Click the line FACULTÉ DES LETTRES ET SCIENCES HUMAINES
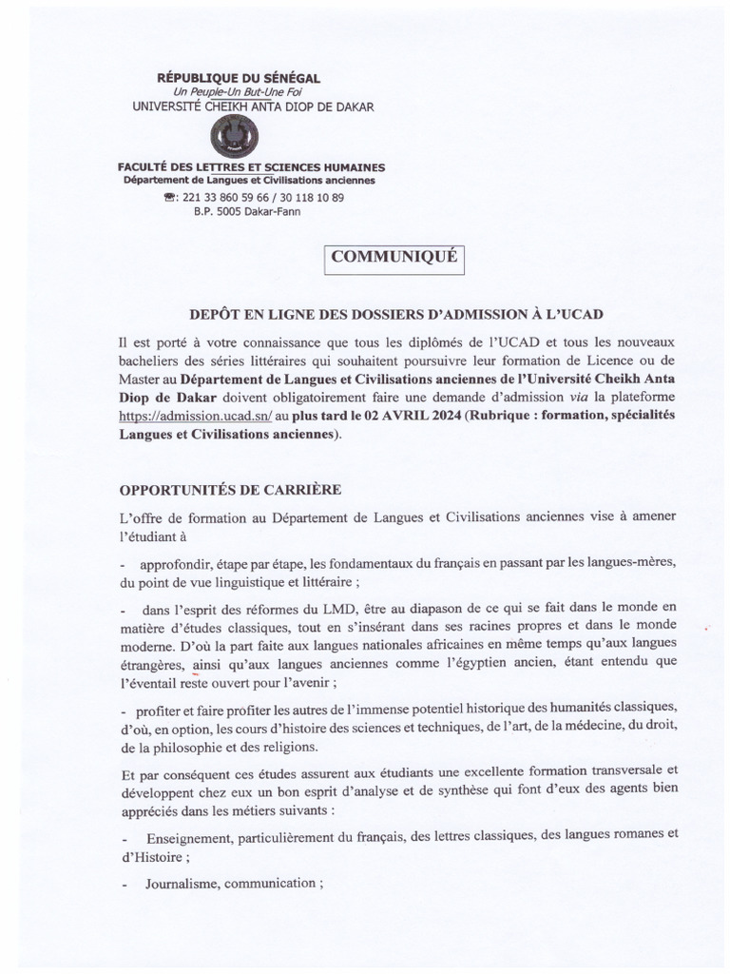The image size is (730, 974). pyautogui.click(x=251, y=167)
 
